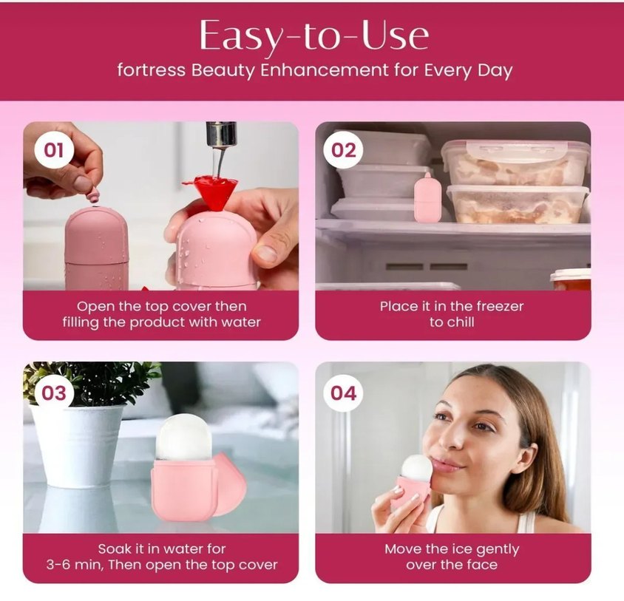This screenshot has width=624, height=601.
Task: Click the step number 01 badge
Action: click(54, 151)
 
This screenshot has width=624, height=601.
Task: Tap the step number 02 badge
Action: click(343, 151)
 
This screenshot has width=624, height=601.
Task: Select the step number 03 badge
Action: click(54, 393)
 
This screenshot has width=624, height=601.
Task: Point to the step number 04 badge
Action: click(343, 393)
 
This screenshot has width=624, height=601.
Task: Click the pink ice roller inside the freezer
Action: click(427, 197)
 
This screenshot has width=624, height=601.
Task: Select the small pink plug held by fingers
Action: click(95, 195)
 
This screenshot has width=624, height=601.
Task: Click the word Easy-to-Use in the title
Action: click(314, 35)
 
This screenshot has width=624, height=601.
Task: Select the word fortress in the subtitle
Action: click(152, 70)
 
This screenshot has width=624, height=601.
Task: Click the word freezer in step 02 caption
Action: click(500, 306)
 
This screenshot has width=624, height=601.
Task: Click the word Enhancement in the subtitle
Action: click(325, 70)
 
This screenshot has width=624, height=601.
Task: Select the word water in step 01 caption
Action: click(241, 322)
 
